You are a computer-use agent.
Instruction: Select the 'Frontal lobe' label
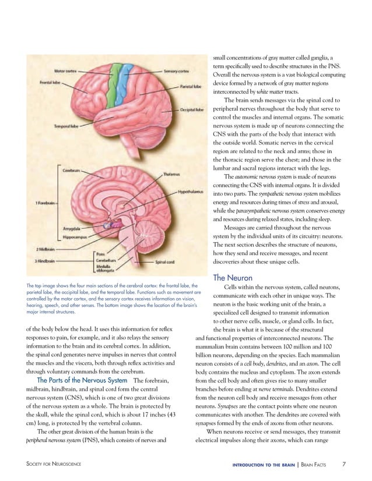pyautogui.click(x=51, y=82)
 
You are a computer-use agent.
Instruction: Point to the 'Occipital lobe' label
pyautogui.click(x=192, y=109)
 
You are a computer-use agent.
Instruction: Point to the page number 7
pyautogui.click(x=344, y=464)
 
